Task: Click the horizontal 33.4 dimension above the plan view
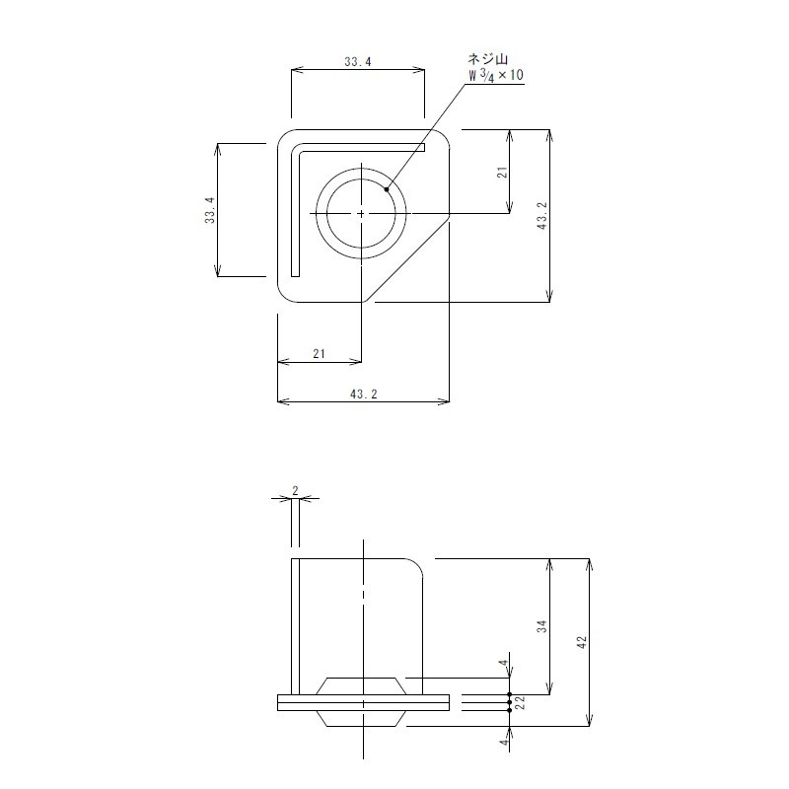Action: pyautogui.click(x=357, y=61)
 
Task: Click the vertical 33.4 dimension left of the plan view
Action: pyautogui.click(x=209, y=210)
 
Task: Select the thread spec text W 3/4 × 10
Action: pyautogui.click(x=494, y=75)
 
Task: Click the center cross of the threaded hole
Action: pyautogui.click(x=362, y=213)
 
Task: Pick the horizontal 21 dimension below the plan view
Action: pyautogui.click(x=319, y=353)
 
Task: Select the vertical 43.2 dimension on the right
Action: pyautogui.click(x=541, y=215)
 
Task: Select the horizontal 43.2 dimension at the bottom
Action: pyautogui.click(x=364, y=394)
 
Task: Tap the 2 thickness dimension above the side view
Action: pyautogui.click(x=295, y=490)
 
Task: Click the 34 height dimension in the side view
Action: pyautogui.click(x=542, y=627)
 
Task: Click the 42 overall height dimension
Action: pyautogui.click(x=582, y=642)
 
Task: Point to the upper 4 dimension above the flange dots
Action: pyautogui.click(x=502, y=663)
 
